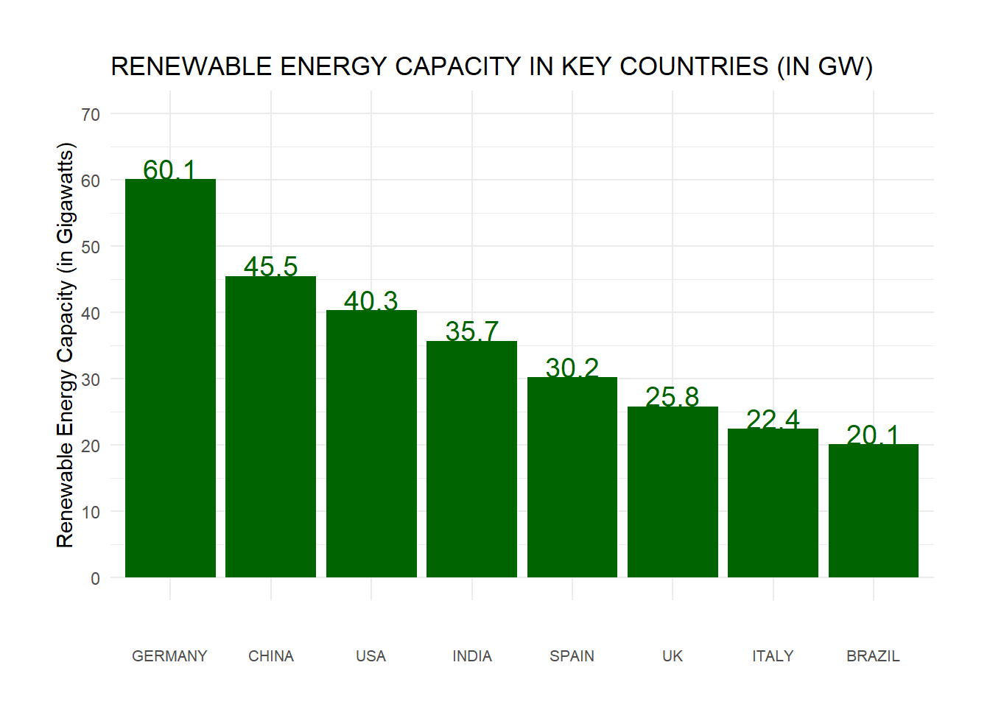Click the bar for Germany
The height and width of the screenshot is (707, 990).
click(x=170, y=378)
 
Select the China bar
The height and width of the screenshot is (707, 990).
click(x=270, y=426)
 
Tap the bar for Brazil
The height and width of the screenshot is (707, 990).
click(x=873, y=510)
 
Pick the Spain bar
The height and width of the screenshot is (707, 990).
click(x=572, y=477)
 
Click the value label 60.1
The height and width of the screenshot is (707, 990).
click(x=169, y=169)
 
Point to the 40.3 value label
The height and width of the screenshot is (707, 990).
click(x=371, y=300)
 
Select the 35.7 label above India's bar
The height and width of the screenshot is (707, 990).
click(x=471, y=331)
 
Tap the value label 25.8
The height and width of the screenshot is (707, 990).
click(x=672, y=396)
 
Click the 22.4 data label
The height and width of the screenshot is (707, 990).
click(x=773, y=419)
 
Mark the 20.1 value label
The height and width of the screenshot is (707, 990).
click(x=873, y=435)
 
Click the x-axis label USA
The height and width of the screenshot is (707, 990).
click(x=371, y=656)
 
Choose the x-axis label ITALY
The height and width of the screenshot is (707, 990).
click(x=773, y=656)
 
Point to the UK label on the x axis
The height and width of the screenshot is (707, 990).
click(x=672, y=656)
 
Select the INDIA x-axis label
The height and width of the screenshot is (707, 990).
click(x=471, y=656)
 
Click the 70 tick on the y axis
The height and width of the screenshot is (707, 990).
click(x=91, y=114)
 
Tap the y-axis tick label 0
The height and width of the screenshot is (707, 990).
click(x=95, y=578)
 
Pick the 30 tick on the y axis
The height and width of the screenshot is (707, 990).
click(x=91, y=379)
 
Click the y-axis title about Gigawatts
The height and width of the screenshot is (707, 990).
click(x=66, y=345)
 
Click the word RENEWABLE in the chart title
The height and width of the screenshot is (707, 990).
click(x=192, y=67)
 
